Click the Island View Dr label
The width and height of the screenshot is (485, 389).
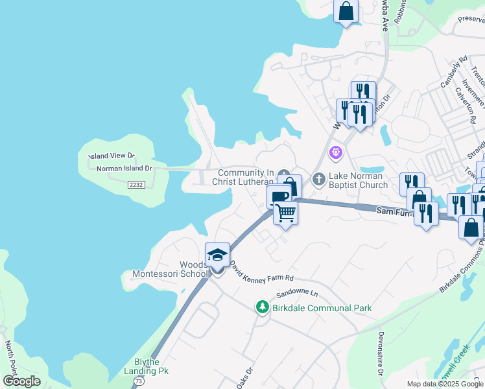(x=112, y=156)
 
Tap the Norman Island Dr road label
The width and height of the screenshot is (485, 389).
(x=123, y=169)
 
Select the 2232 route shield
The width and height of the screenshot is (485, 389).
(x=136, y=185)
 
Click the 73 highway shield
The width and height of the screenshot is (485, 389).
(x=137, y=383)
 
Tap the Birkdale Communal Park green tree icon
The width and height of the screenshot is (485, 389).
(x=262, y=307)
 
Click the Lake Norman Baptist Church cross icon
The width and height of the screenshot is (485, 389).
(x=318, y=178)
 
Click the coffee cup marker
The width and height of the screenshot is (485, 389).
(x=279, y=195)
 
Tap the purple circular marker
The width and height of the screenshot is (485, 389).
(x=335, y=153)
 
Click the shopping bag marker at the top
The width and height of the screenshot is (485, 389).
(x=346, y=11)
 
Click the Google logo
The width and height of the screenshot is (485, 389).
(x=21, y=381)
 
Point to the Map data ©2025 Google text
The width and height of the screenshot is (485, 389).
(x=445, y=384)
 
